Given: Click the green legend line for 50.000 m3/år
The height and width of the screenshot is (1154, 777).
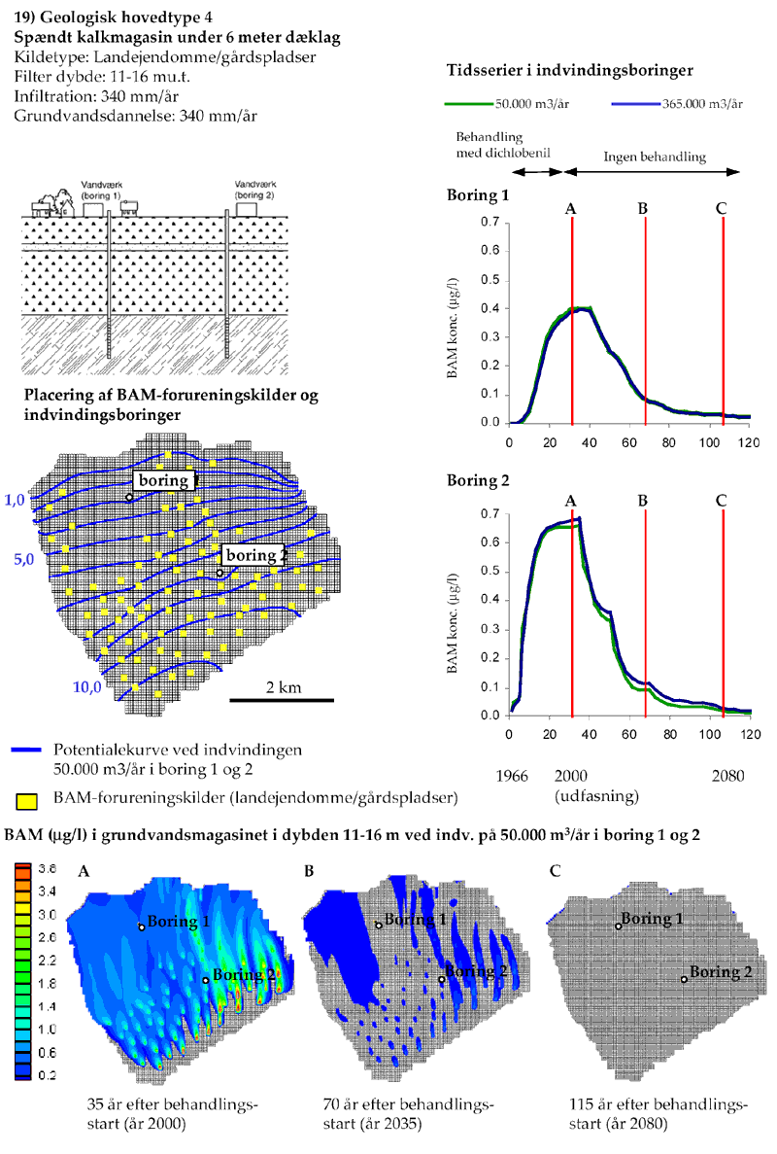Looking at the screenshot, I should (467, 104).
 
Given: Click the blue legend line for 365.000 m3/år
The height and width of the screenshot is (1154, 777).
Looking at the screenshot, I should (635, 104).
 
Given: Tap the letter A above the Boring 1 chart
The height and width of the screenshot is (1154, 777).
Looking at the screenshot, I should (572, 207).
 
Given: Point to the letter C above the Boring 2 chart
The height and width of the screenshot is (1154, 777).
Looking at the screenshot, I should (722, 500).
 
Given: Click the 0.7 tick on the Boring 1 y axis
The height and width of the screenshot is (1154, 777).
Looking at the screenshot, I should (491, 223).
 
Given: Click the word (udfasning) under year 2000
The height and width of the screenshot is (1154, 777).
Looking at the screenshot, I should (595, 795).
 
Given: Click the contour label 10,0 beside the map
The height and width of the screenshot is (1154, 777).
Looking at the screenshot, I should (86, 686).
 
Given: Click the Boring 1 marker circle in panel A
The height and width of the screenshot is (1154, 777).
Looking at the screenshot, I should (142, 927).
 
